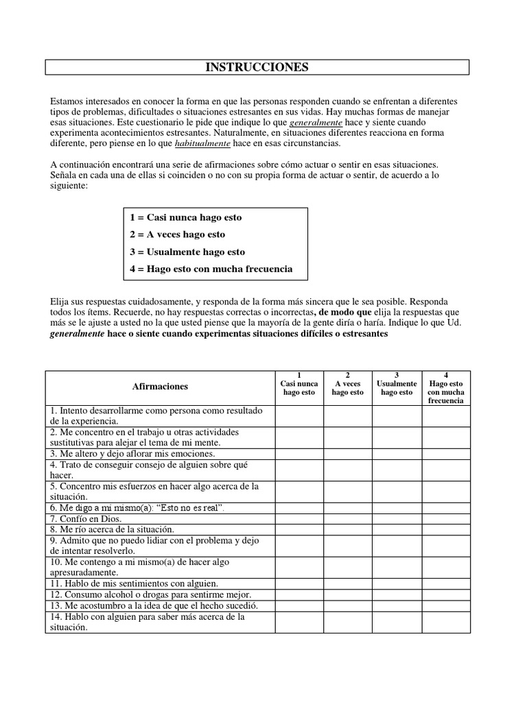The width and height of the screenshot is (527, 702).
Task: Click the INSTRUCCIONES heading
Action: (257, 67)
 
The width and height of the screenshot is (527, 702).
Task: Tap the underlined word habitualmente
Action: (202, 143)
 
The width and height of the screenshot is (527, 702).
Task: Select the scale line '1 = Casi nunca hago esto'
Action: (185, 217)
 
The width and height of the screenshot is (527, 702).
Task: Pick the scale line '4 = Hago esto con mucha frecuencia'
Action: (211, 269)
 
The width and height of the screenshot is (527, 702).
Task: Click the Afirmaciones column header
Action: (160, 387)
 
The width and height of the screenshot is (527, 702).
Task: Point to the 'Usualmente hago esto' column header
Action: (397, 384)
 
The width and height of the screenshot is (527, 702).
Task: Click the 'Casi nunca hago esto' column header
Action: (299, 384)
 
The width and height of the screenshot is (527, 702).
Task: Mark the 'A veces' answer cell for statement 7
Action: (348, 519)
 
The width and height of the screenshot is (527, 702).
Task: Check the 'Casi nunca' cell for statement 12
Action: (299, 594)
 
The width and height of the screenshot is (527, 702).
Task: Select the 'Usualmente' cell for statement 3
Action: (397, 454)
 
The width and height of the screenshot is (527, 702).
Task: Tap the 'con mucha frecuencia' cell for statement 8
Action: (446, 529)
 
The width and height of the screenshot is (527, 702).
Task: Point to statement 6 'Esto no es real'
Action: (137, 508)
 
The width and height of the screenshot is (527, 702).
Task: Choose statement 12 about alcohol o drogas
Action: (150, 594)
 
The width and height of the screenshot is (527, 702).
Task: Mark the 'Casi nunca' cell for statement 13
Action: (299, 605)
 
